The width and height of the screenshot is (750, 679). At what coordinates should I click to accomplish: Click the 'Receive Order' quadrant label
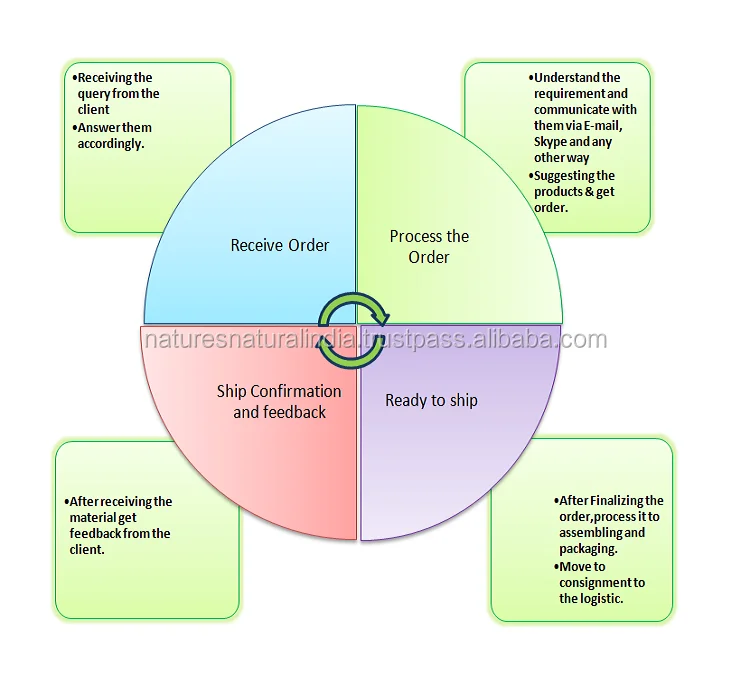(x=280, y=245)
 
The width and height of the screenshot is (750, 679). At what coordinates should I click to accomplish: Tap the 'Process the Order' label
(x=429, y=247)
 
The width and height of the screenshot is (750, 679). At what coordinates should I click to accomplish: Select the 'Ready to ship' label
(x=431, y=401)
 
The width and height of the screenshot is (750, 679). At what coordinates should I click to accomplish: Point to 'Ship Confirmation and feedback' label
(x=279, y=401)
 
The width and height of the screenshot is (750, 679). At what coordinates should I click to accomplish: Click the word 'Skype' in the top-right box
(x=552, y=142)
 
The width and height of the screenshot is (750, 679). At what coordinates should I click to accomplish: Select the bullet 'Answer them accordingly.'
(x=114, y=136)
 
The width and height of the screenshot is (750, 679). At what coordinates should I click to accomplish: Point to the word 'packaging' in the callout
(x=588, y=548)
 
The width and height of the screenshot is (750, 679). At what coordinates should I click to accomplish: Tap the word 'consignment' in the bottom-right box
(x=595, y=582)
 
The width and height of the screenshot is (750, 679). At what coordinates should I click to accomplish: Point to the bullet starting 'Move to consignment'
(x=601, y=582)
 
